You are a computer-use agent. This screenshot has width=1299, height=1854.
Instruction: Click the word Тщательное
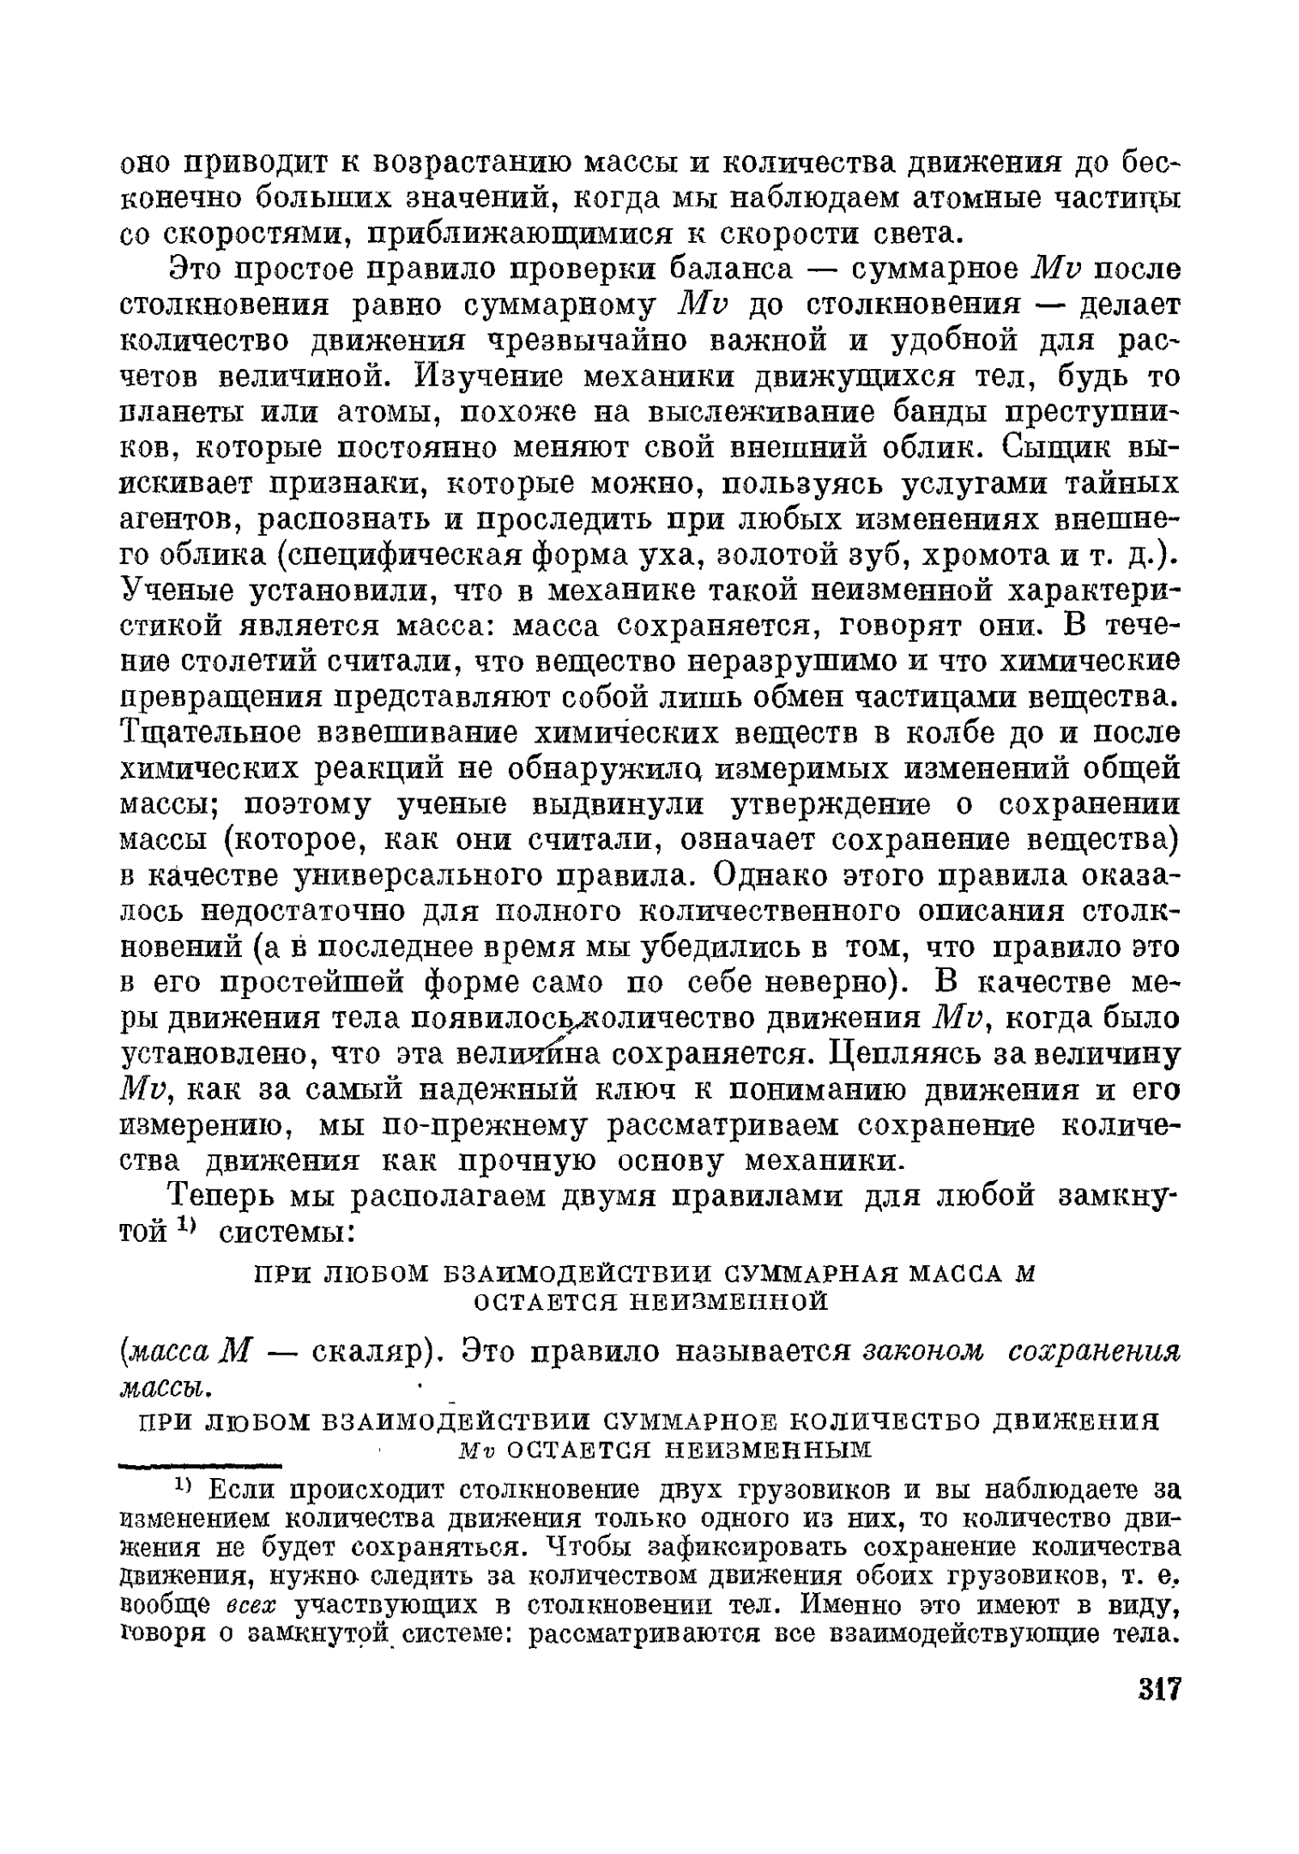(x=224, y=735)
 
